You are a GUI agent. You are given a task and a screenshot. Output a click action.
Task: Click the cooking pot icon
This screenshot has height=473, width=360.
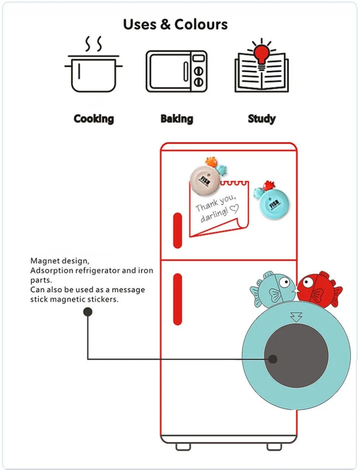click(x=94, y=74)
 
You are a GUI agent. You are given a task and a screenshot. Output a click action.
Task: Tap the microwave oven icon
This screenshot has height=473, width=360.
click(x=176, y=71)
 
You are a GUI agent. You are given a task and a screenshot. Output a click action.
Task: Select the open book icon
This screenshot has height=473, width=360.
click(x=262, y=72)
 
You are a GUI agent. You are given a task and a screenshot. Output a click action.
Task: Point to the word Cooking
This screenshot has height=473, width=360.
click(x=94, y=119)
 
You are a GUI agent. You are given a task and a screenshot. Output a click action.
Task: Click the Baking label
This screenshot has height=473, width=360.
click(x=177, y=119)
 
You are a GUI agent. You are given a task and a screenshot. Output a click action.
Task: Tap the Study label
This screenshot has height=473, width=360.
click(x=262, y=119)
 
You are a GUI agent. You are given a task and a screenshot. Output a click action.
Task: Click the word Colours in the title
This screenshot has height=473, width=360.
click(x=201, y=24)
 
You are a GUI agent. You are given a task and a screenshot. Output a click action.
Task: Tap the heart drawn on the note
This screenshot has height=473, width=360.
click(x=234, y=208)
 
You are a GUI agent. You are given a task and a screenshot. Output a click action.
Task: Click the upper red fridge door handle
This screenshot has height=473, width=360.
click(x=178, y=230)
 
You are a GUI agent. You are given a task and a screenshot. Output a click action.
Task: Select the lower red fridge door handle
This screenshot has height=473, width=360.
click(x=178, y=299)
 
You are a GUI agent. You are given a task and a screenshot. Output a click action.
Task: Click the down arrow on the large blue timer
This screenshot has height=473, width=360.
click(x=296, y=316)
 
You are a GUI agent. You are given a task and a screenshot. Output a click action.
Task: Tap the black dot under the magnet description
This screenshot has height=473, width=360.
click(x=88, y=312)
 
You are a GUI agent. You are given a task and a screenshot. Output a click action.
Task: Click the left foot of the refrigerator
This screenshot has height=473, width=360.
click(x=183, y=447)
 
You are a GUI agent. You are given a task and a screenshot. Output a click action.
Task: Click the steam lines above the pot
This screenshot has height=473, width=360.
click(x=93, y=45)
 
